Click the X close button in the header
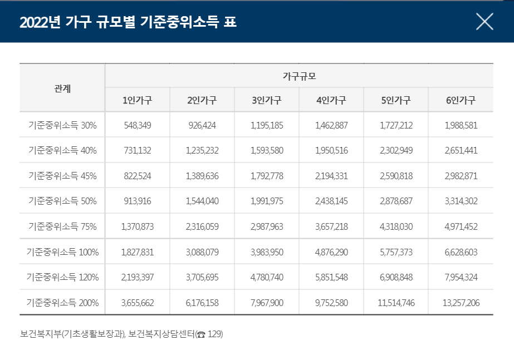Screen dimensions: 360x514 (x=484, y=21)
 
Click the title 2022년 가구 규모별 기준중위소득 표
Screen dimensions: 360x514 (x=128, y=22)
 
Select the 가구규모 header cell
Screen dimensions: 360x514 (x=299, y=76)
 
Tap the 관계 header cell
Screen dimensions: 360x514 (x=62, y=88)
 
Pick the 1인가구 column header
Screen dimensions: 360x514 (x=138, y=100)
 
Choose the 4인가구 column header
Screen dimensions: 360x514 (x=331, y=100)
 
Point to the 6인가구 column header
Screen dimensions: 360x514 (x=461, y=100)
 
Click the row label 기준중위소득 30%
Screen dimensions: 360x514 (x=62, y=125)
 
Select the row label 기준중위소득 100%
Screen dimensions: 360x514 (x=62, y=252)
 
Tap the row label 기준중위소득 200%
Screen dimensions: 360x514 (x=62, y=303)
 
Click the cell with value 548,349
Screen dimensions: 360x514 (x=138, y=125)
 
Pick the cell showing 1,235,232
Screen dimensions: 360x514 (x=202, y=150)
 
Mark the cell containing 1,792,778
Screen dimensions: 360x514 (x=267, y=176)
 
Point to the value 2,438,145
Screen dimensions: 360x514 (x=331, y=201)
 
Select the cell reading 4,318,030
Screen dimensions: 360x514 (x=396, y=226)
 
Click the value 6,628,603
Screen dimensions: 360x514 (x=461, y=252)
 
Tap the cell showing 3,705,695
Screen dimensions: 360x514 (x=202, y=277)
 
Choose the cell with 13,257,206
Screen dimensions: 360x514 (x=461, y=303)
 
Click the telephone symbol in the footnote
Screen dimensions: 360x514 (x=201, y=334)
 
